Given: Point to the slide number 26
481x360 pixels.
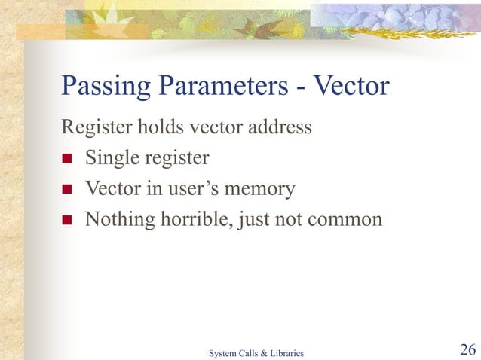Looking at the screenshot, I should pos(467,349).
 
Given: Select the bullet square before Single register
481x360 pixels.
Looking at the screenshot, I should pos(67,159).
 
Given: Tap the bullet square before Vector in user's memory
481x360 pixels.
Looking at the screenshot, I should pos(67,190).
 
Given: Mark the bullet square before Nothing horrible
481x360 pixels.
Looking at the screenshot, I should pos(67,221).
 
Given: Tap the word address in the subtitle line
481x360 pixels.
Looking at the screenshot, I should pos(278,127).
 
